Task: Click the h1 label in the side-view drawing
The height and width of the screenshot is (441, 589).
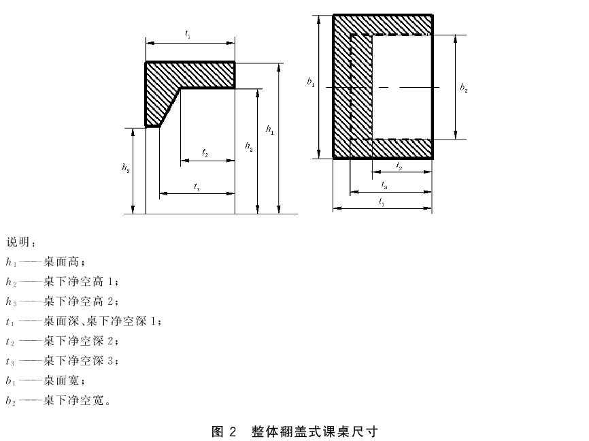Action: [270, 130]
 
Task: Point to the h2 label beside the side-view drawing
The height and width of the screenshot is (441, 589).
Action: [249, 146]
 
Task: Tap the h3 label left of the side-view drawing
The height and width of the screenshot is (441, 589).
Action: [126, 167]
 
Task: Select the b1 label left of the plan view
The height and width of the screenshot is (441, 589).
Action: [311, 82]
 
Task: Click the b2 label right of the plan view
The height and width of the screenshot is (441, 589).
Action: [464, 88]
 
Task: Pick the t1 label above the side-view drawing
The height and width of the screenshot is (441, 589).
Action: [188, 34]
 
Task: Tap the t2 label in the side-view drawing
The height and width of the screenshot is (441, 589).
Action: [205, 152]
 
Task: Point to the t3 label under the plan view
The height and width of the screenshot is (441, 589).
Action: [384, 184]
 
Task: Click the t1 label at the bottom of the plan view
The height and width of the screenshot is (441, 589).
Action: [382, 202]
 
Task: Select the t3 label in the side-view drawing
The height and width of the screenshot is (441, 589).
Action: [197, 186]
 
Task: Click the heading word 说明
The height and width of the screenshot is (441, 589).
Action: [18, 242]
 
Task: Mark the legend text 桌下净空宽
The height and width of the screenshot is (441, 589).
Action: [73, 400]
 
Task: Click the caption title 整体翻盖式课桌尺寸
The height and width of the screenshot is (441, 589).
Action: [314, 431]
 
